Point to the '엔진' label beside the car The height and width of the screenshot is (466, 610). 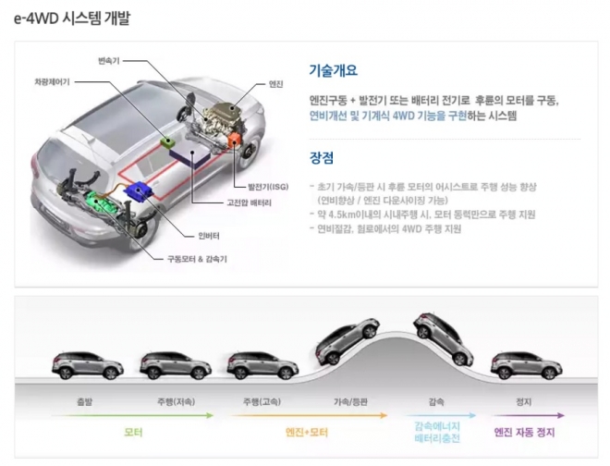[x=275, y=84]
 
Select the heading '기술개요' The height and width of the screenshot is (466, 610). [x=333, y=70]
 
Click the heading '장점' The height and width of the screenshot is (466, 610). [x=322, y=157]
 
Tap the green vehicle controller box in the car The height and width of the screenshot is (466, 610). [x=166, y=141]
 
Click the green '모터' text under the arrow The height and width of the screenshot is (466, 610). [x=132, y=432]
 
